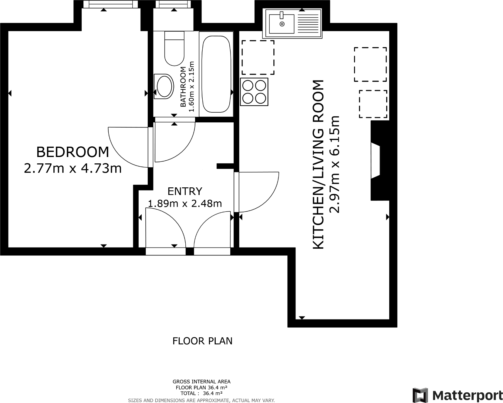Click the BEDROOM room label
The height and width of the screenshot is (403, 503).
[x=73, y=152]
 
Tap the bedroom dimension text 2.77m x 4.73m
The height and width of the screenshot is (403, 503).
[x=73, y=168]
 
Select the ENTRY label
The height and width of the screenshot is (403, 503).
[x=185, y=191]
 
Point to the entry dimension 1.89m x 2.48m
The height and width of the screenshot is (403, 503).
[x=185, y=203]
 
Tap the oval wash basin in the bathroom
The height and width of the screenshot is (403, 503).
[x=164, y=86]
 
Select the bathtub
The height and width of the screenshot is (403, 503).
[x=216, y=74]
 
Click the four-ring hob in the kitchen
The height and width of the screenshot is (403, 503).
[x=254, y=92]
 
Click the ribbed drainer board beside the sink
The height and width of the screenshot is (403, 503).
[x=309, y=24]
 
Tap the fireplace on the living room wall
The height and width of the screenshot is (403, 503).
[x=378, y=160]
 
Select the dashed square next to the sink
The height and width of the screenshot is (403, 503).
[x=258, y=57]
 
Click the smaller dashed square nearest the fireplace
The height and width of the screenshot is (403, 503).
[x=373, y=104]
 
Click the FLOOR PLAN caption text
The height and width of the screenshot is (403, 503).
[x=202, y=341]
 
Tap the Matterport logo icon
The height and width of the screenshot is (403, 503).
[x=420, y=395]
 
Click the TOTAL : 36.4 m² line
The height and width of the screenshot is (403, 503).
[x=201, y=393]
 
